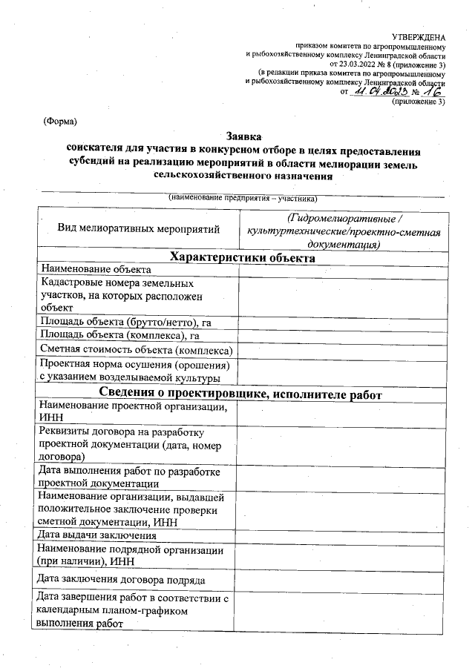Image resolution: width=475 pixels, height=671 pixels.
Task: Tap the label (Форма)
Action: (x=60, y=120)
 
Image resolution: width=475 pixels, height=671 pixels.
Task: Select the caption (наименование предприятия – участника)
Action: (x=243, y=199)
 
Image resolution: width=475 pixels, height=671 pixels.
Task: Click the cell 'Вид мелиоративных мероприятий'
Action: (x=139, y=228)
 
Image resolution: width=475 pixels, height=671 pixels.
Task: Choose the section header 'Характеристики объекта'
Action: (x=243, y=258)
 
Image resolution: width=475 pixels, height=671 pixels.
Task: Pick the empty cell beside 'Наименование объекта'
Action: (x=343, y=270)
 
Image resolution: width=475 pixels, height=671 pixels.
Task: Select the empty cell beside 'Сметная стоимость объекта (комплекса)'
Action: (x=343, y=349)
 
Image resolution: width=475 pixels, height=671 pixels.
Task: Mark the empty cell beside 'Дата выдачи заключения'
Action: (x=343, y=535)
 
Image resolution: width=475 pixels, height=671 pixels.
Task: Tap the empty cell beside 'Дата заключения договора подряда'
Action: (x=343, y=579)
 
